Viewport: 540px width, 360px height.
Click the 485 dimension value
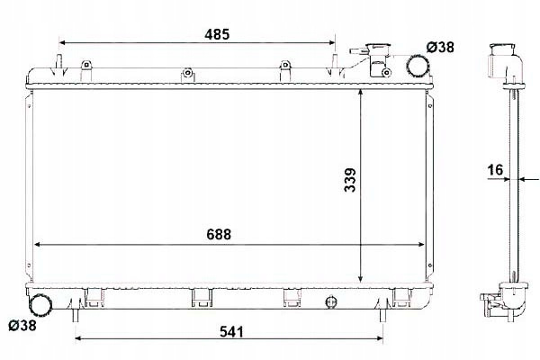[217, 34]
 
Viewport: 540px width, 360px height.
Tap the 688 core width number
[219, 234]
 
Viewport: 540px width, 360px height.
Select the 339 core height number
[350, 180]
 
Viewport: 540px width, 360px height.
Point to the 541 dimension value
[231, 332]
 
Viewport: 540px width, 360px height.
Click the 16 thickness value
[495, 170]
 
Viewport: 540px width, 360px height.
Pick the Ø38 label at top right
[440, 47]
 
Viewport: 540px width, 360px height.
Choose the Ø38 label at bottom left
[22, 325]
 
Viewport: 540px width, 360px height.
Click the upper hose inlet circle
[418, 66]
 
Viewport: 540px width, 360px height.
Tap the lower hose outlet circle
[40, 304]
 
